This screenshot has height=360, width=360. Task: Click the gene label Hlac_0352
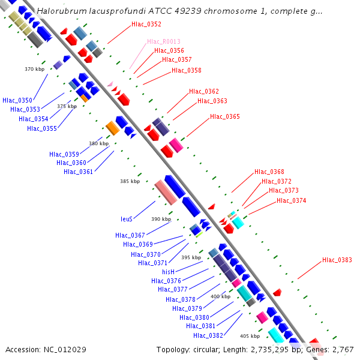[146, 25]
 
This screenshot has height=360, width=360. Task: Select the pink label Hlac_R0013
[164, 42]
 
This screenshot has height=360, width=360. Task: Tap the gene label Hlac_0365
[225, 116]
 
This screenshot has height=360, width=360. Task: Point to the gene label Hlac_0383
[337, 260]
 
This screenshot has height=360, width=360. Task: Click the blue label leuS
[127, 219]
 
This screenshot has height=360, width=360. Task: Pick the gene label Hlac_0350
[17, 100]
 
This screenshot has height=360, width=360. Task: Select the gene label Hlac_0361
[79, 172]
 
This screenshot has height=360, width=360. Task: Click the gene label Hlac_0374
[292, 200]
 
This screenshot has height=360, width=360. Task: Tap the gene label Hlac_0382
[208, 335]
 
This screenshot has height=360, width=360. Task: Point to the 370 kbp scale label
[35, 69]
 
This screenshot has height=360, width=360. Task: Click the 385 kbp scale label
[130, 181]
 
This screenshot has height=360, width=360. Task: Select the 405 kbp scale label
[250, 336]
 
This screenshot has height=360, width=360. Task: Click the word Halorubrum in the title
[60, 11]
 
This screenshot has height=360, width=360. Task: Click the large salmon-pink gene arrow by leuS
[165, 192]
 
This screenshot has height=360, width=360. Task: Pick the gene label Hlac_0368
[269, 172]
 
